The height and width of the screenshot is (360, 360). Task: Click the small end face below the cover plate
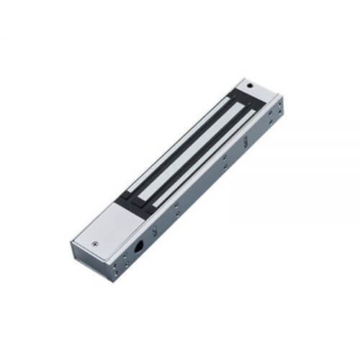85,263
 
